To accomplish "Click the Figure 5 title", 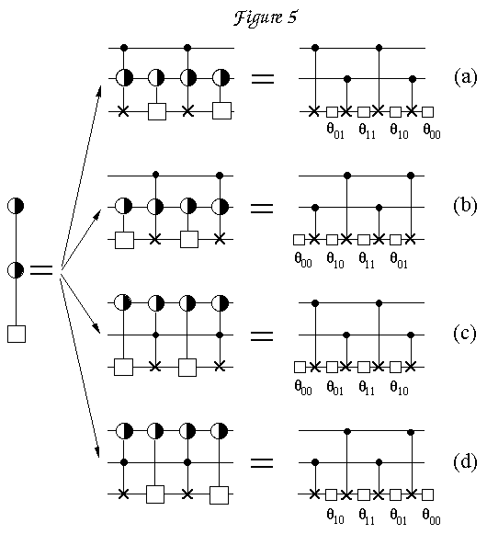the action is point(266,17).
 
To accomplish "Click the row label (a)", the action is point(466,77).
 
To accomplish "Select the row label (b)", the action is point(465,206).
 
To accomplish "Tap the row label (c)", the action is point(465,334).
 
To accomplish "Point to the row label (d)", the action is point(465,462).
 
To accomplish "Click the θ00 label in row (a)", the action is point(432,131).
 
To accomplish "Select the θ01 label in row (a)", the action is point(335,131).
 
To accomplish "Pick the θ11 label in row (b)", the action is point(367,260).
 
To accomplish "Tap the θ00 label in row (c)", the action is point(303,388).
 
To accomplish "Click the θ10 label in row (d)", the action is point(335,517).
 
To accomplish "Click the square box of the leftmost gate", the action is point(17,334).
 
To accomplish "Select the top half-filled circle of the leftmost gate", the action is point(16,206).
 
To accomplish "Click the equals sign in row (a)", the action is point(263,79).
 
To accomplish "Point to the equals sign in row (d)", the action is point(262,462).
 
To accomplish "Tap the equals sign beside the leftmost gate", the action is point(41,270).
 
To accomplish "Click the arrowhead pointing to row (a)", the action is point(99,91).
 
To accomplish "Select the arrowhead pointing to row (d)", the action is point(97,451).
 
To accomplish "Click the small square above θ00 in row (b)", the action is point(300,240).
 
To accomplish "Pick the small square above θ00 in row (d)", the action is point(428,494).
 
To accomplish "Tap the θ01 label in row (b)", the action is point(399,260).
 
